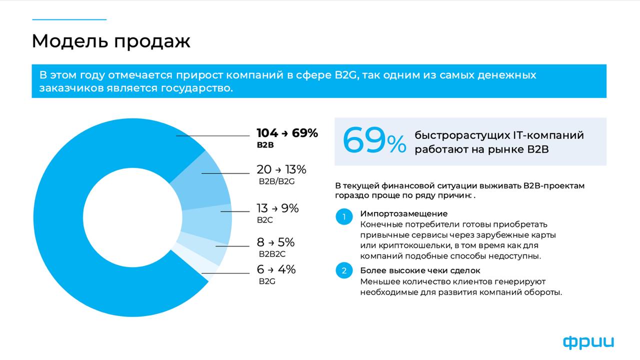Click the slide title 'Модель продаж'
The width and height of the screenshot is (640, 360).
(x=111, y=41)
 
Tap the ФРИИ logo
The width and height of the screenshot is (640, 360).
(x=588, y=342)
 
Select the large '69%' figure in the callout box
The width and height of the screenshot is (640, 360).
(x=374, y=141)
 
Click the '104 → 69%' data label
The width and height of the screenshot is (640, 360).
(x=287, y=133)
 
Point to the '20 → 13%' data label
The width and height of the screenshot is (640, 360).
(x=281, y=169)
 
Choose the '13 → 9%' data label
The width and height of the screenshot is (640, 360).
(x=277, y=208)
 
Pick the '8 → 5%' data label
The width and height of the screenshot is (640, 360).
(x=275, y=242)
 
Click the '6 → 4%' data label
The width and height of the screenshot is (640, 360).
(x=276, y=269)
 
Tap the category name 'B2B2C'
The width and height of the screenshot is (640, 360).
(x=271, y=254)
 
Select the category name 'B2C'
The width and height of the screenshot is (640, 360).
(x=265, y=219)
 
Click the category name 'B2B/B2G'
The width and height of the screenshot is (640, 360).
(x=276, y=181)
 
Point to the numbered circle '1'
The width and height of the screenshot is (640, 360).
(x=344, y=217)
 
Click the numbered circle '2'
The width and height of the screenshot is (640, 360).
(x=344, y=271)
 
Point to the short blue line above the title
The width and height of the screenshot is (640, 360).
(x=69, y=19)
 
